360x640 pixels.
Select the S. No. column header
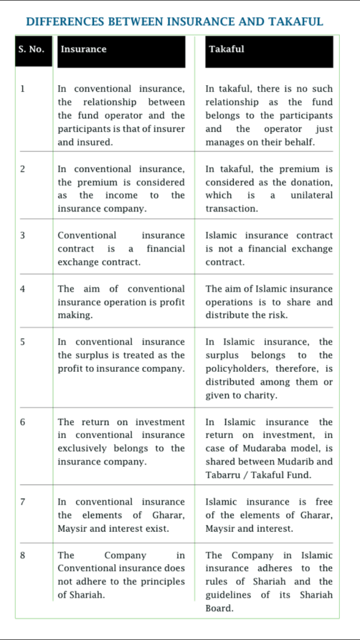click(x=31, y=49)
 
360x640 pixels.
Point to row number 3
click(x=22, y=235)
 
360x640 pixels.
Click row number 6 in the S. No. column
click(x=22, y=422)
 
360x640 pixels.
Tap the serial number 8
click(x=22, y=555)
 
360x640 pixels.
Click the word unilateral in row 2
click(x=312, y=195)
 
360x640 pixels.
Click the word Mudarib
click(x=302, y=462)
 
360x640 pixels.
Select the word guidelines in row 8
click(x=227, y=595)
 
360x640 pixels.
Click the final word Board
click(x=218, y=608)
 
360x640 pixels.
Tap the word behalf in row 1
click(x=301, y=142)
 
